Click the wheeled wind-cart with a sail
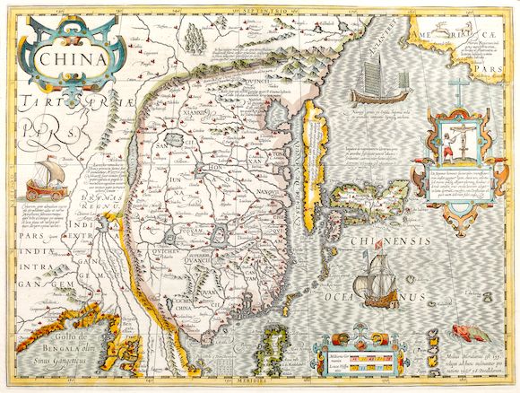46,183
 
